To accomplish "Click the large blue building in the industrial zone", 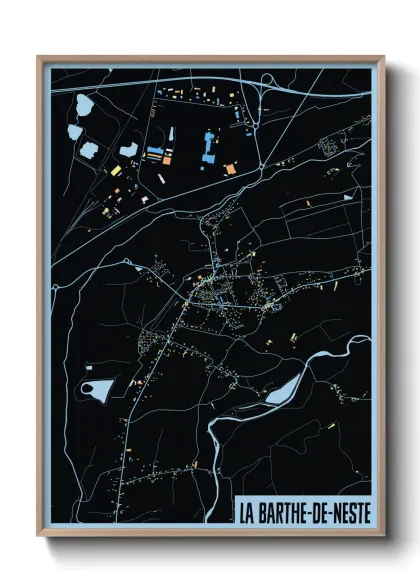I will pos(209,148).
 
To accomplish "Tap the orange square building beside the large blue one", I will pos(231,168).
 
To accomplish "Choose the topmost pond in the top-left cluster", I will pos(83,104).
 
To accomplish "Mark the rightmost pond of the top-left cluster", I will pos(129,151).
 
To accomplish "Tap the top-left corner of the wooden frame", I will pos(39,58).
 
